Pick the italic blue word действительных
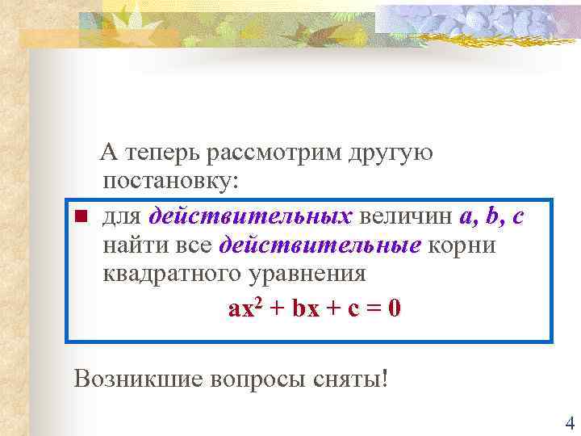tap(250, 216)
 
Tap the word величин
tap(405, 216)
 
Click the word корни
tap(462, 245)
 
